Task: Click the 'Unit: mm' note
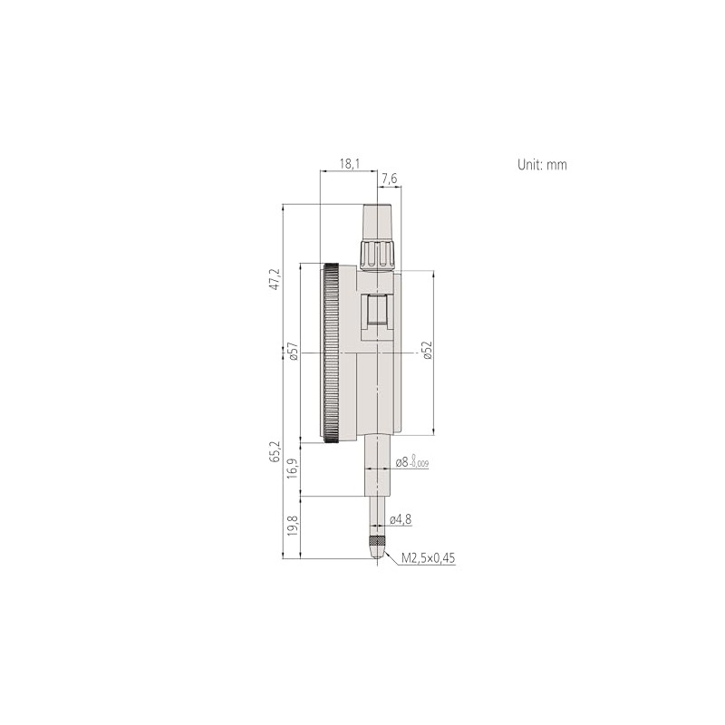click(541, 165)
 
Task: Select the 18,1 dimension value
click(349, 163)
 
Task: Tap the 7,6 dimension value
click(389, 179)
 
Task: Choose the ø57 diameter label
click(293, 352)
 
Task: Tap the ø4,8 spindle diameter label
click(401, 520)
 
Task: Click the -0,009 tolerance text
click(419, 466)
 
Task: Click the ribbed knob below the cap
click(377, 254)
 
